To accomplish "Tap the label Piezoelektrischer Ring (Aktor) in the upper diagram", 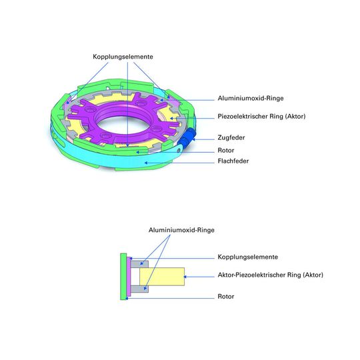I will (x=261, y=117).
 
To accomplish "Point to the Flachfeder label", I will (x=233, y=161).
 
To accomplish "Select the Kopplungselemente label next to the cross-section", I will (x=247, y=257).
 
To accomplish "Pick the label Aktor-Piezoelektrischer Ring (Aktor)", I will (x=270, y=275).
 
